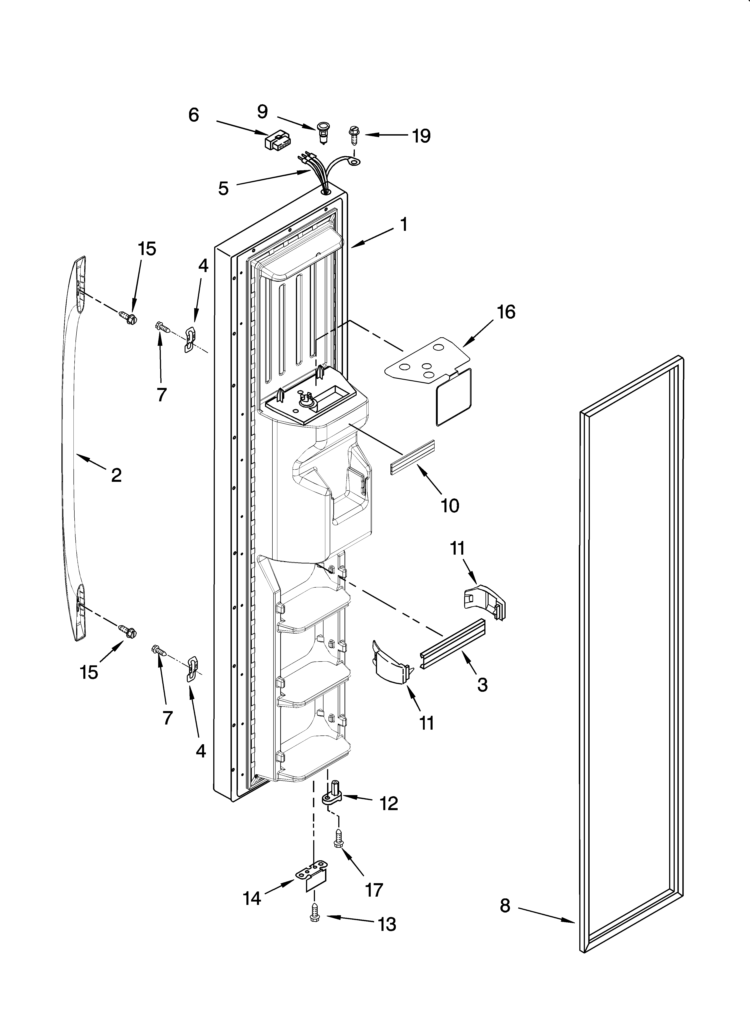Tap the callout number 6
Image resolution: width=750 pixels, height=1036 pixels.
(194, 115)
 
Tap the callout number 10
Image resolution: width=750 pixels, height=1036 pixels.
(450, 506)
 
